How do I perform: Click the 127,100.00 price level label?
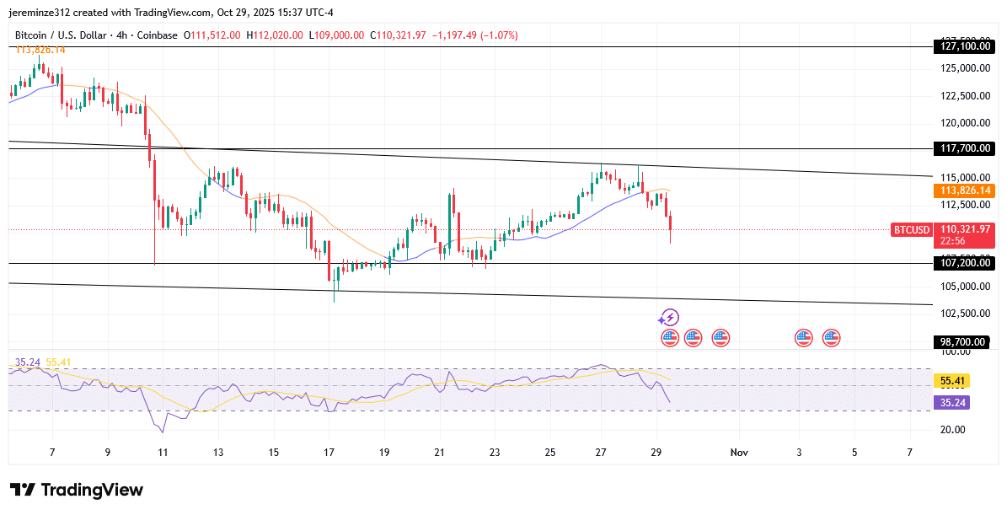pos(965,47)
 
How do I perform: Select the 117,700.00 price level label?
pos(965,148)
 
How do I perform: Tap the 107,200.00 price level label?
pos(965,263)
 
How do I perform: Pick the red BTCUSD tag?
pos(911,230)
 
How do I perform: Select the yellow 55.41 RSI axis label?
pos(953,381)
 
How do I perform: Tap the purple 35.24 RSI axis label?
pos(953,403)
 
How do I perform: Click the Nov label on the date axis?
pos(739,453)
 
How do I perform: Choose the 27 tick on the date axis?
pos(601,453)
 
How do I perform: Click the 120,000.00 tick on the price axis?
pos(965,123)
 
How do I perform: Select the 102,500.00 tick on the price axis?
pos(965,314)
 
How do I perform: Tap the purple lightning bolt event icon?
pos(669,318)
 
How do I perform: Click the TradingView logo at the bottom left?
pos(77,490)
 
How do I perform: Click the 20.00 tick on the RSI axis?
pos(953,430)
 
